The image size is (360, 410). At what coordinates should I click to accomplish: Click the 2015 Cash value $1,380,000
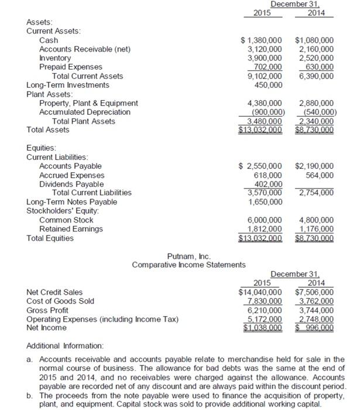(262, 40)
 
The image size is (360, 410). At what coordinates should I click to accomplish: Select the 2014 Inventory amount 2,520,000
(316, 58)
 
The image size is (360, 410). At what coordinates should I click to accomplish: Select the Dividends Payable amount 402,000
(268, 183)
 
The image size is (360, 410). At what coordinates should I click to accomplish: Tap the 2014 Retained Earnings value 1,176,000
(316, 228)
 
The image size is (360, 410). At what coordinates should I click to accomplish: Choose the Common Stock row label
(66, 220)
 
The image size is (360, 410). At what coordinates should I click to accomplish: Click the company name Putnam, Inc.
(188, 256)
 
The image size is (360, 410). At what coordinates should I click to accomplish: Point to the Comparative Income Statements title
(188, 265)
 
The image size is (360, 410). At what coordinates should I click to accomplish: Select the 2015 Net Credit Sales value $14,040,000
(260, 292)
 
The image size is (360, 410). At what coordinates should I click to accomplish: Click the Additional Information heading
(64, 346)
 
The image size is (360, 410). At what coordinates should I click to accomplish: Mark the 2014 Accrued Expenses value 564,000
(319, 175)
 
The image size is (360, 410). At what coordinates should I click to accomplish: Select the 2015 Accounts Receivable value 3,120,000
(263, 49)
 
